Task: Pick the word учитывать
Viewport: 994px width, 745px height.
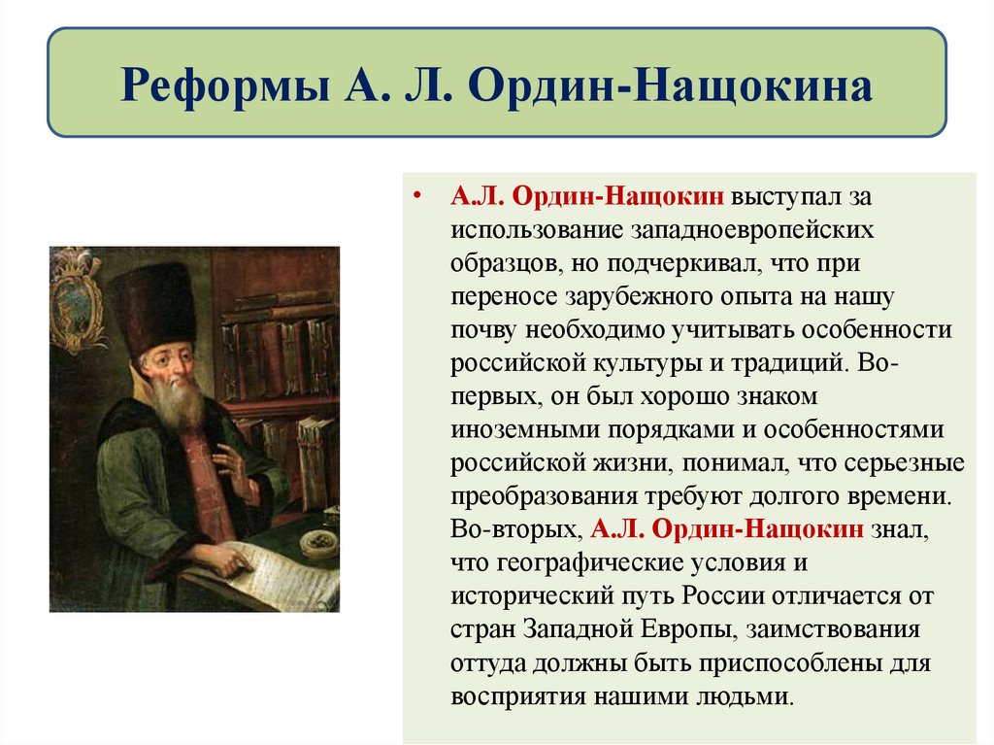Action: point(742,329)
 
